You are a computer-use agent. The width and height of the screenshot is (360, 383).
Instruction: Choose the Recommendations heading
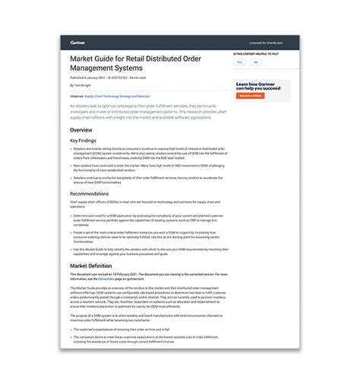90,194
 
